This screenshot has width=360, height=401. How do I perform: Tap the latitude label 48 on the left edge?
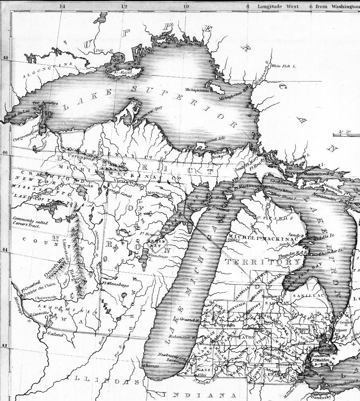coord(5,58)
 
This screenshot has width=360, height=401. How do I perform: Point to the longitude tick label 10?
coord(187,6)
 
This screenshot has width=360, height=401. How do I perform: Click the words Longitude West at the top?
coord(275,6)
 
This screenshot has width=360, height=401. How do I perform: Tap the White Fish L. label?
coord(284,66)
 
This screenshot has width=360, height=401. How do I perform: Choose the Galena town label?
coord(56,335)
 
